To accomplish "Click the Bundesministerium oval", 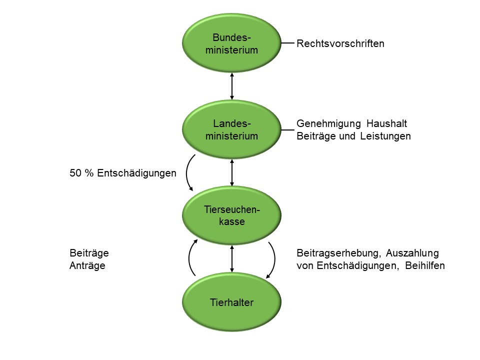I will pyautogui.click(x=231, y=44).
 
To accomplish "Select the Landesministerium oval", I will pyautogui.click(x=231, y=130).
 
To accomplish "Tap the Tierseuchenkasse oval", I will pyautogui.click(x=231, y=215).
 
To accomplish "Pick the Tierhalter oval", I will pyautogui.click(x=231, y=302).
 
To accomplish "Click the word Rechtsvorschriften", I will pyautogui.click(x=340, y=43).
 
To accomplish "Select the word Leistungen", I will pyautogui.click(x=385, y=136).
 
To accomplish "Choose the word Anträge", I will pyautogui.click(x=87, y=265).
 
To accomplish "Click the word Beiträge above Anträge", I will pyautogui.click(x=89, y=253).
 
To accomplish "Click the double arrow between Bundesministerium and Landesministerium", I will pyautogui.click(x=232, y=86).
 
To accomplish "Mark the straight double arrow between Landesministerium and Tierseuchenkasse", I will pyautogui.click(x=232, y=172).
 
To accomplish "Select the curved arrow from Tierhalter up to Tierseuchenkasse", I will pyautogui.click(x=190, y=258).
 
